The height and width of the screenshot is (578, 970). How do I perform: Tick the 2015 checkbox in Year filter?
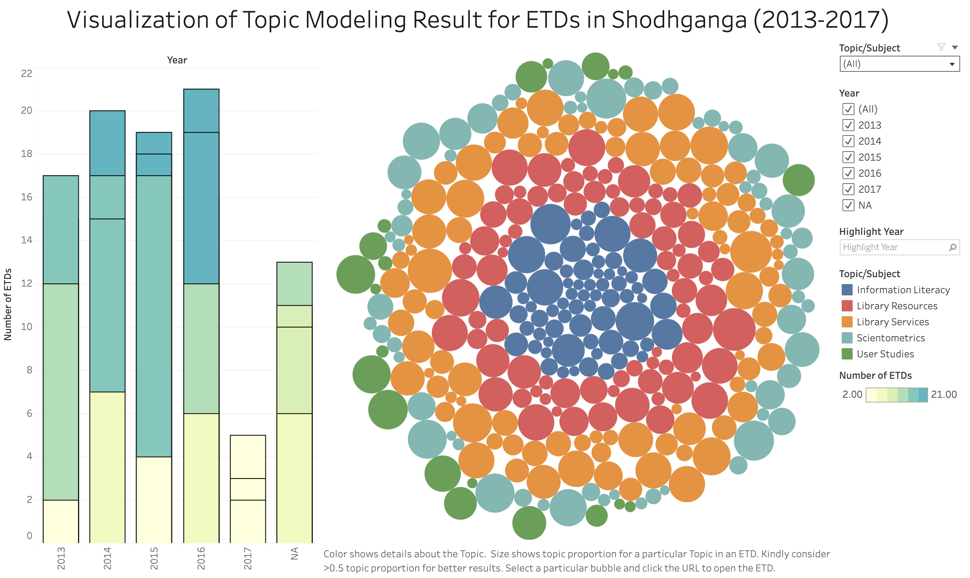coord(848,157)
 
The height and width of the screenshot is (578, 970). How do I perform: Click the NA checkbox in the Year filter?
coord(848,205)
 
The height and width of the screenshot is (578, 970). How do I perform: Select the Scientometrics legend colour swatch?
coord(846,338)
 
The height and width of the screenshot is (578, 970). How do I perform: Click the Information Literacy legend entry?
coord(903,290)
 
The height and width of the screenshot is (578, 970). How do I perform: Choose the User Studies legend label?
coord(885,354)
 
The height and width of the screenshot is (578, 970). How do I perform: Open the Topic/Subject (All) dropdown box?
coord(899,64)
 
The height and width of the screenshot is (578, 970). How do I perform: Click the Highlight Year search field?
coord(895,247)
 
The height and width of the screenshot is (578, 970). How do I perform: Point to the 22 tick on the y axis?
coord(27,73)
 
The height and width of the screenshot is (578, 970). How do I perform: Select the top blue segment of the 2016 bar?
coord(201,111)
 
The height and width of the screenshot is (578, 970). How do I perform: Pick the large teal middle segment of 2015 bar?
coord(154,315)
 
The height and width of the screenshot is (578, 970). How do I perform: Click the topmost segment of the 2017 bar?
coord(248,456)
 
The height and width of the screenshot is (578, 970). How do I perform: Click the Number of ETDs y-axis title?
coord(8,304)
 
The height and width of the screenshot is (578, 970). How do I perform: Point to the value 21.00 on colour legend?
coord(943,394)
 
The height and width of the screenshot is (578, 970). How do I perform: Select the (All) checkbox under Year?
coord(848,109)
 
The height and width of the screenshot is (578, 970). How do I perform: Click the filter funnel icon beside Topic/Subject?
coord(941,47)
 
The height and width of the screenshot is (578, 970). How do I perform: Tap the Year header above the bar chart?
coord(177,60)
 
